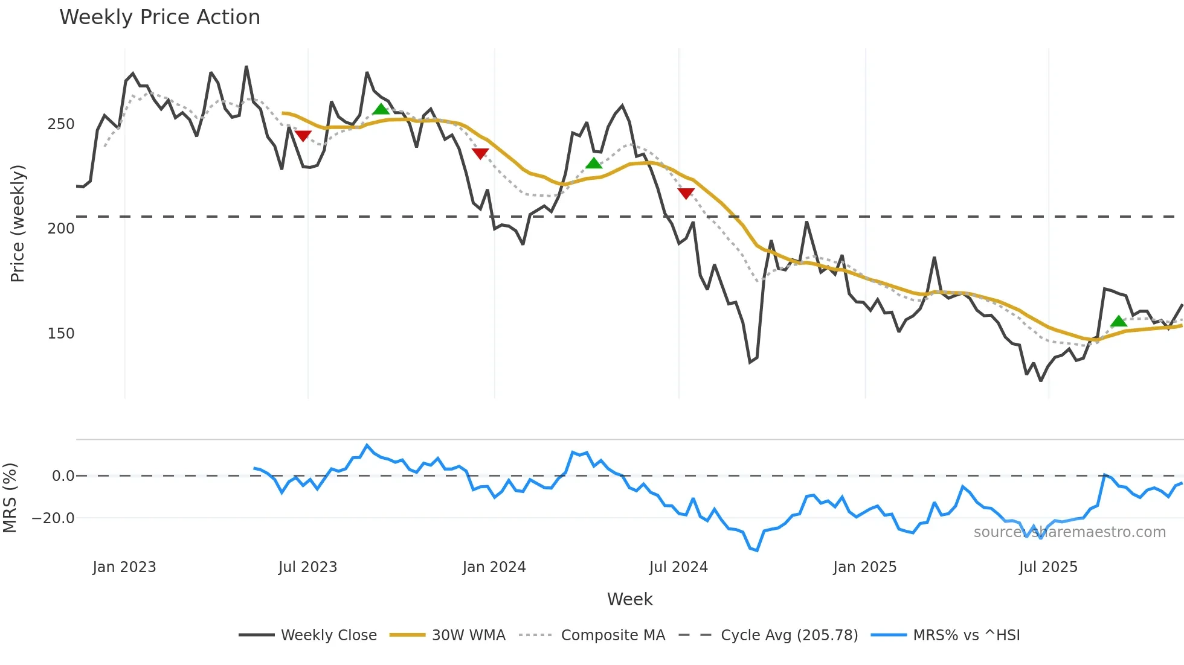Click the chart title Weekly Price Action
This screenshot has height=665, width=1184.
159,17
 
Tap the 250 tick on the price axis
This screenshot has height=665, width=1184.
61,124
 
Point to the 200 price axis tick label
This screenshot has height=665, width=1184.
61,229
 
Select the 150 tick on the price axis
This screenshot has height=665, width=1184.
61,334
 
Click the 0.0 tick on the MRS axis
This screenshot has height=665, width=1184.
63,476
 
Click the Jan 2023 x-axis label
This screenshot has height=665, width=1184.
124,567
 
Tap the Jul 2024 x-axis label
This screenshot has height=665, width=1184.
678,567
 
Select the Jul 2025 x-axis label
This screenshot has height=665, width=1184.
1048,567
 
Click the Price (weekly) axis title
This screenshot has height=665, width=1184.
18,223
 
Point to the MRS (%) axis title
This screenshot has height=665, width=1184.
10,498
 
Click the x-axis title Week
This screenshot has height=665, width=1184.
629,599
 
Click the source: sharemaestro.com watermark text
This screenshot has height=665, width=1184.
1069,532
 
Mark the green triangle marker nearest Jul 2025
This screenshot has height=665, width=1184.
1119,321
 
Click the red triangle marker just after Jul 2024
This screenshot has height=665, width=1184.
686,193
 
